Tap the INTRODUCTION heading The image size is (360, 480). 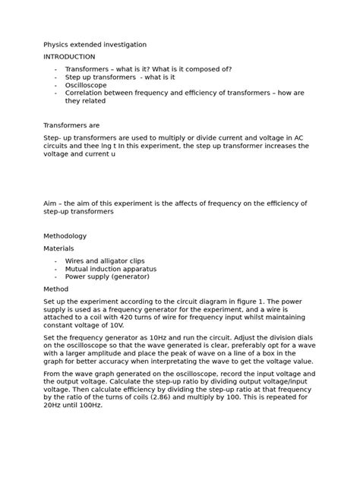click(69, 57)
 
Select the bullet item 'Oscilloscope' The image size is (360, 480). click(87, 86)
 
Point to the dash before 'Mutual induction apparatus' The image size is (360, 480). click(56, 269)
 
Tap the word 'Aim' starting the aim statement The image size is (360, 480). click(51, 204)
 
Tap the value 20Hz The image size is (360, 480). click(55, 405)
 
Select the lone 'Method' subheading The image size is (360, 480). click(57, 289)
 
